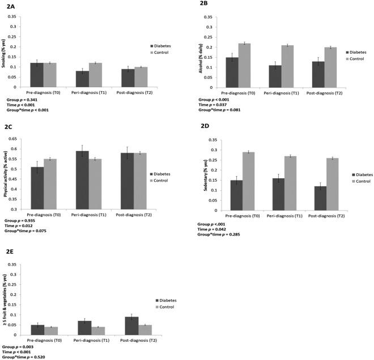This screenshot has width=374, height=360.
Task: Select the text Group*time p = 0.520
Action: click(23, 357)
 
